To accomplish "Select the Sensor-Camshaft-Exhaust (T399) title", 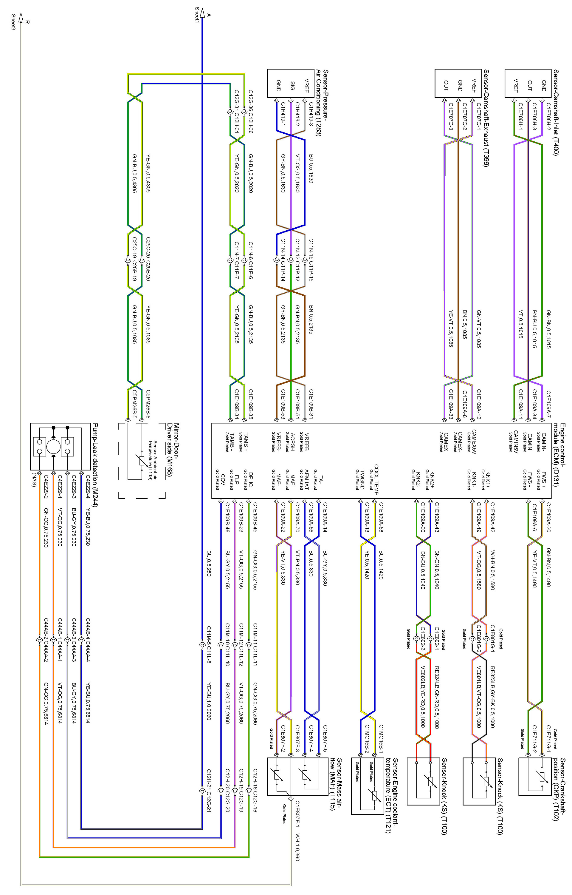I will click(486, 118).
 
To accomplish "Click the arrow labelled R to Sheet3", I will click(21, 18).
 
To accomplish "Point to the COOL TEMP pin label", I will click(376, 479).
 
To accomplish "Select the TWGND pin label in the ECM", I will click(362, 479).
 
